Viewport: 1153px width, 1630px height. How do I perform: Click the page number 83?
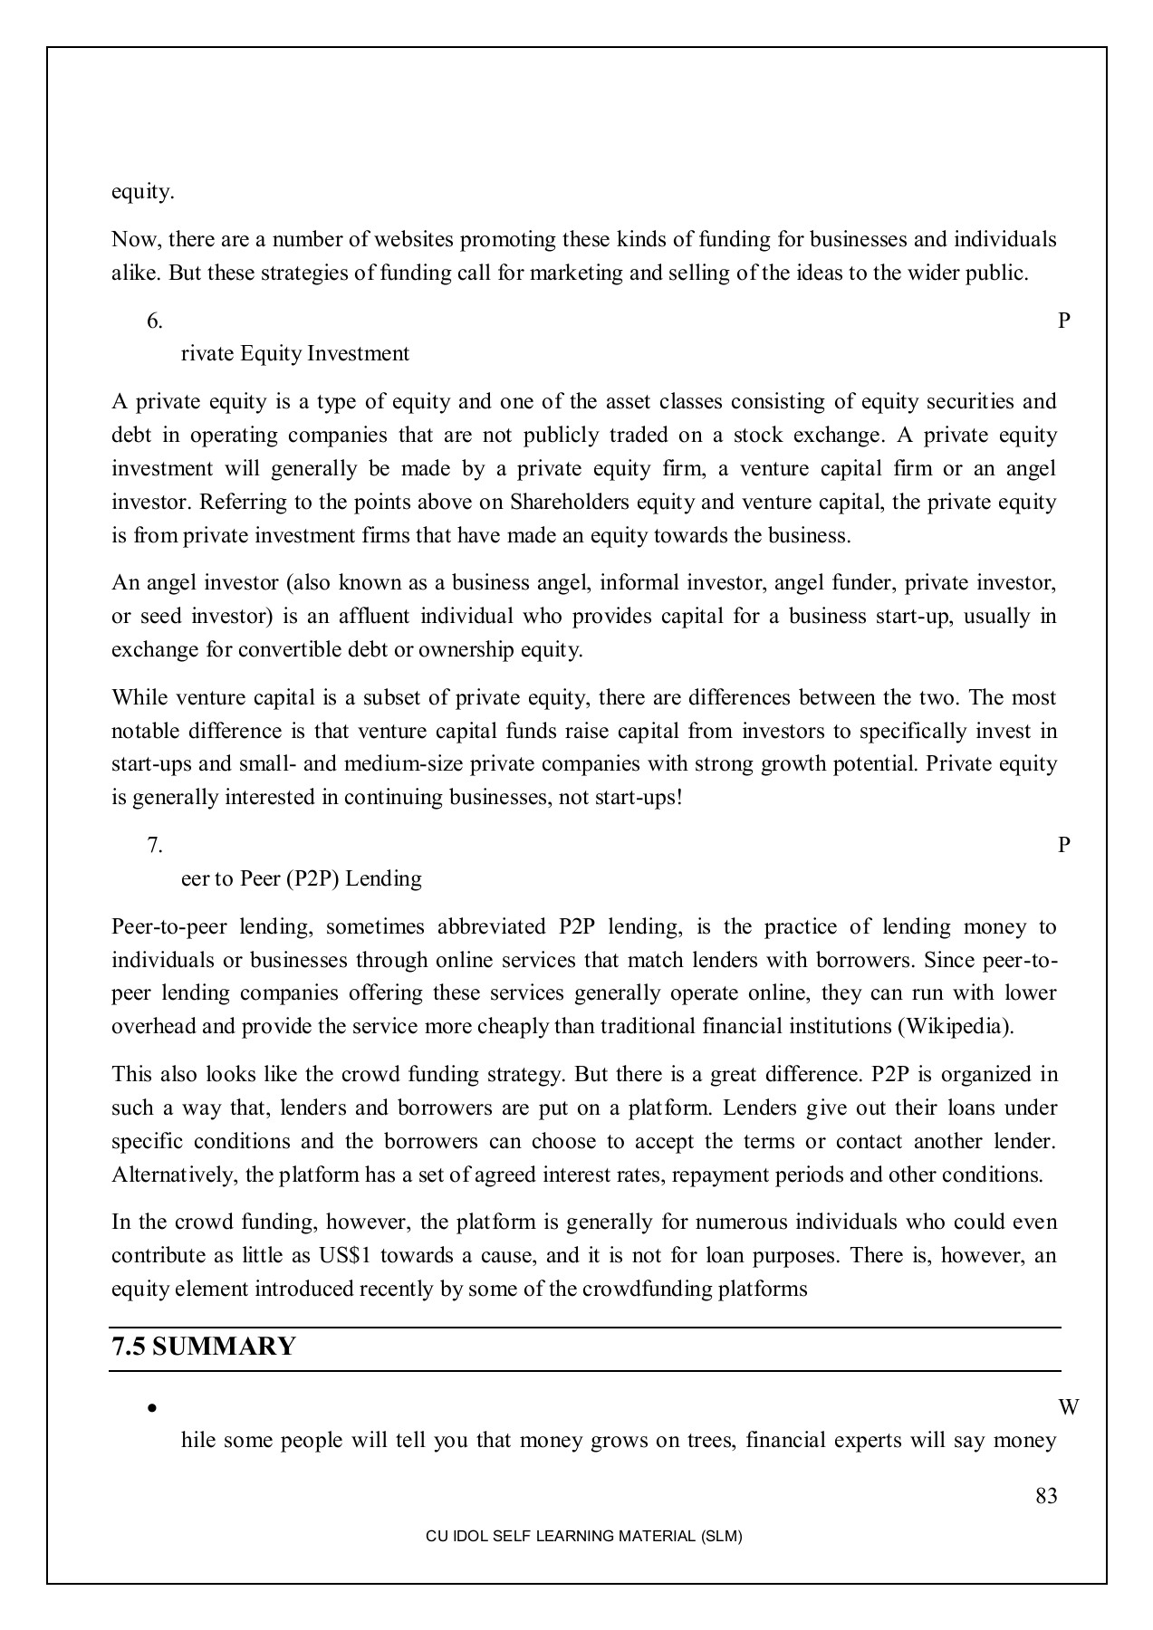pos(1046,1496)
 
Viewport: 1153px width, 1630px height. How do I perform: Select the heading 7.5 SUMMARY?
pos(204,1347)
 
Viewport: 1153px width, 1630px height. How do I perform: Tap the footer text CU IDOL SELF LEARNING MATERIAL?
pos(583,1537)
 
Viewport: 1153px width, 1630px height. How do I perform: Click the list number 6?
pos(155,321)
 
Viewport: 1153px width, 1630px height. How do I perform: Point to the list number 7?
pos(155,846)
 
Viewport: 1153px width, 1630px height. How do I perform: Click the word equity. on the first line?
pos(143,192)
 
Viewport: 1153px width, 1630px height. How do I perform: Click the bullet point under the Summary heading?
pos(152,1409)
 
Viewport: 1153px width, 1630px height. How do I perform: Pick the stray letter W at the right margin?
pos(1068,1408)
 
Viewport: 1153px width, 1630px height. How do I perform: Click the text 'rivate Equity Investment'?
pos(295,354)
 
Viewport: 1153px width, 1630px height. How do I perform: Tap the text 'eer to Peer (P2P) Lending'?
pos(302,879)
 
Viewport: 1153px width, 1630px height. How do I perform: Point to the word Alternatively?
pos(175,1175)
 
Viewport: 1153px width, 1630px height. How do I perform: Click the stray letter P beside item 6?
pos(1064,321)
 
